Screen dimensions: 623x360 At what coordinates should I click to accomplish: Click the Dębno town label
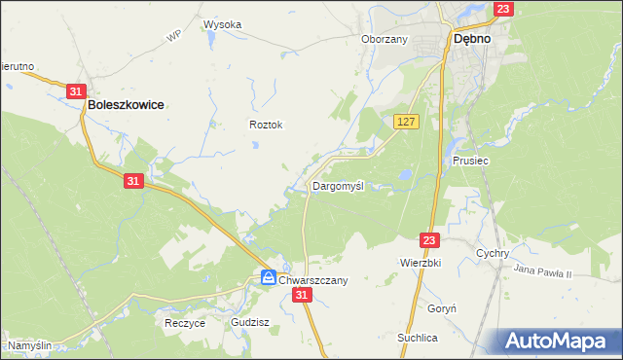[471, 41]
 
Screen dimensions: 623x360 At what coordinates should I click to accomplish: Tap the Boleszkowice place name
[125, 102]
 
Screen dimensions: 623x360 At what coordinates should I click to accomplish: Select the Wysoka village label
[222, 24]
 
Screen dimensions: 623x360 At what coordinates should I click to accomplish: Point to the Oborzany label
[384, 40]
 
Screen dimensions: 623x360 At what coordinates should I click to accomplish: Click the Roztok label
[266, 126]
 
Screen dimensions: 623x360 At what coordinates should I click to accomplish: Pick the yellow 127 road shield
[407, 121]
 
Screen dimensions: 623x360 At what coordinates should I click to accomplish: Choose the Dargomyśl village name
[338, 186]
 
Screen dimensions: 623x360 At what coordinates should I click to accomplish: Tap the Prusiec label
[470, 161]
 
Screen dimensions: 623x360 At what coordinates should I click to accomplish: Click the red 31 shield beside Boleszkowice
[77, 90]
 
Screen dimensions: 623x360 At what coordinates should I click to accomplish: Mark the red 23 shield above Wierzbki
[430, 239]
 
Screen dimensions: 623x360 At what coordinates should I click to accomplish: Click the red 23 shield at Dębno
[502, 9]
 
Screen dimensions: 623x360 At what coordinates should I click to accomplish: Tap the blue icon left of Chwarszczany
[268, 279]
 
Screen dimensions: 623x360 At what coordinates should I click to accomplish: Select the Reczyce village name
[185, 323]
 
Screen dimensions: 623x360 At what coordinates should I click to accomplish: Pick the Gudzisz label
[250, 321]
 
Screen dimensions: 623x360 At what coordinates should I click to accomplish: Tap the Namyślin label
[30, 345]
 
